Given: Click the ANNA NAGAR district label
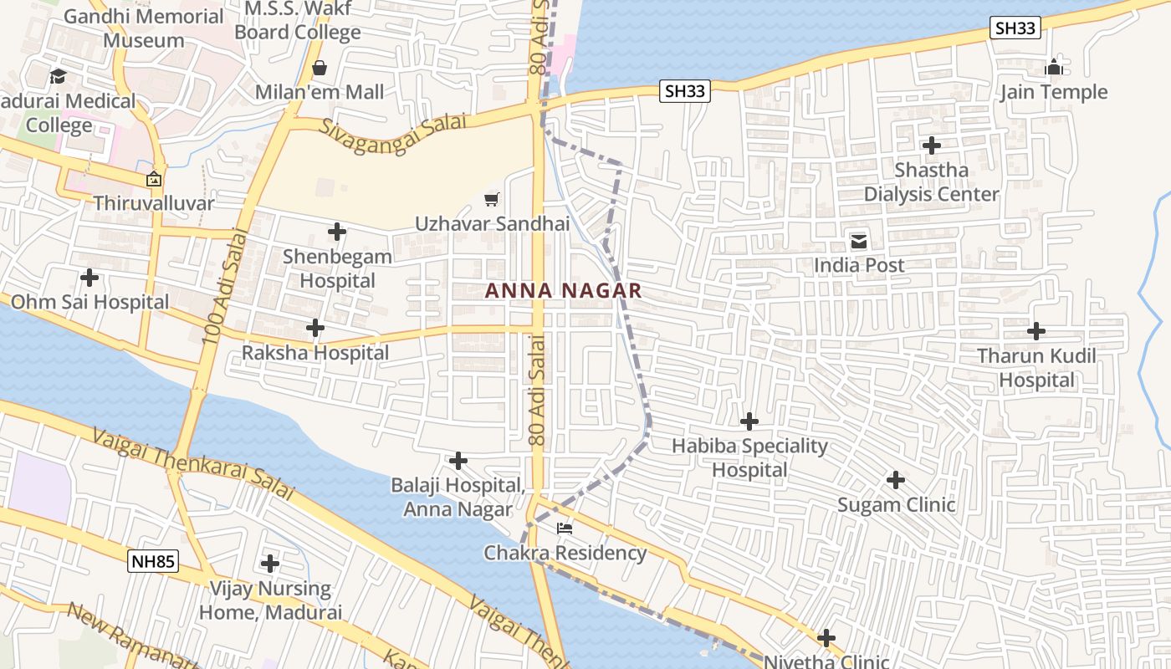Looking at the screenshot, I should point(563,290).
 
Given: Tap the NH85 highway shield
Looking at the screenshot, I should point(153,561).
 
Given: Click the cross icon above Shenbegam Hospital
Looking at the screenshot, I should point(337,232).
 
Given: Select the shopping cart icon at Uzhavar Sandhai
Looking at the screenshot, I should point(492,200).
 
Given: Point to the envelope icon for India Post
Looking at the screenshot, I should point(859,242).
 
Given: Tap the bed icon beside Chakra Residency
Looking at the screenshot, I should point(565,529).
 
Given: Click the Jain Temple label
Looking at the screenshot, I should point(1054,92).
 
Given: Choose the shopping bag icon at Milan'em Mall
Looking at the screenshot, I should point(319,68).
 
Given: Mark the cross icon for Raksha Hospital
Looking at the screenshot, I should point(315,328).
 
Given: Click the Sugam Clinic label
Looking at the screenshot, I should point(896,504).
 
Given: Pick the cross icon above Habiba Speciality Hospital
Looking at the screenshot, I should point(749,421).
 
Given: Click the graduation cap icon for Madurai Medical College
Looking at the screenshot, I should point(58,76).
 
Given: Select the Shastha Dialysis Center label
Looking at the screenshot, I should point(931,182).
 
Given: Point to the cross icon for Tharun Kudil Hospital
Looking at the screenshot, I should point(1036,331).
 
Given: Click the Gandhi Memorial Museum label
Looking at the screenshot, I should point(144,28).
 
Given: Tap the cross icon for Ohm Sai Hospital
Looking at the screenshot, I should point(89,277).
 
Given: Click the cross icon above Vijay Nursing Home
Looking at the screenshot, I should point(270,563).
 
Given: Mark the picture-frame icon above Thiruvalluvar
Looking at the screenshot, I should point(154,179).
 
